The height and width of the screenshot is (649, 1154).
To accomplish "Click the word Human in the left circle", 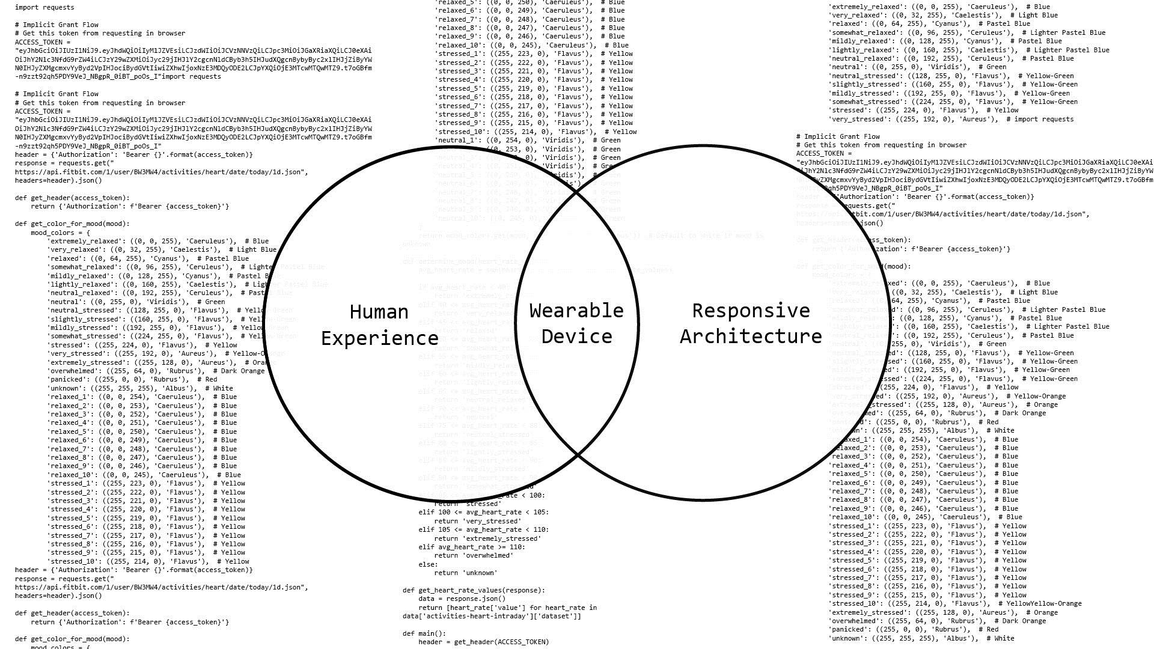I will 379,312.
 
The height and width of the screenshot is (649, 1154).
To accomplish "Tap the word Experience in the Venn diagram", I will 379,338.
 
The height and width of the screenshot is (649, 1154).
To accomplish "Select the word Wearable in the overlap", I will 576,311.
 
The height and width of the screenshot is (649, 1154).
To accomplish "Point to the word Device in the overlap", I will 576,337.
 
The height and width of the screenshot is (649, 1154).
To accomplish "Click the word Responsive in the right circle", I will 751,311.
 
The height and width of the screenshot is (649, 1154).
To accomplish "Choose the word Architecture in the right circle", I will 751,337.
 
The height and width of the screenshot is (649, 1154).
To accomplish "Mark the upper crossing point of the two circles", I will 577,191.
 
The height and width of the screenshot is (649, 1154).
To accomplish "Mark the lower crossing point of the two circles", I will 577,455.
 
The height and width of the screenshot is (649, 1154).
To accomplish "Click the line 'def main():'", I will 424,633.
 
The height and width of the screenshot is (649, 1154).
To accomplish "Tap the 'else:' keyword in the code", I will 428,564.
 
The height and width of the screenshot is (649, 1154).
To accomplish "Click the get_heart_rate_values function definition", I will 474,590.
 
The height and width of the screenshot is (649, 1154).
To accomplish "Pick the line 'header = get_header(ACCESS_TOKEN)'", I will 483,642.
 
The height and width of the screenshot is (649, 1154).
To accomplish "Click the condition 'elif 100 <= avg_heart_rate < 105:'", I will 483,512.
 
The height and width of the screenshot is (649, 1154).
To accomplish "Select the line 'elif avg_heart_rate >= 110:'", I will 471,547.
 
